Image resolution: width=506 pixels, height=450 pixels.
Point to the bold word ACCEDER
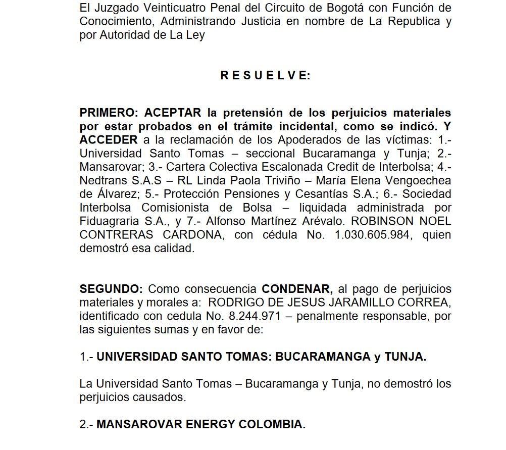(x=108, y=139)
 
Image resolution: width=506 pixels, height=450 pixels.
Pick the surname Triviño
(x=279, y=180)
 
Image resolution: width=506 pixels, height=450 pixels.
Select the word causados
(x=158, y=397)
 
